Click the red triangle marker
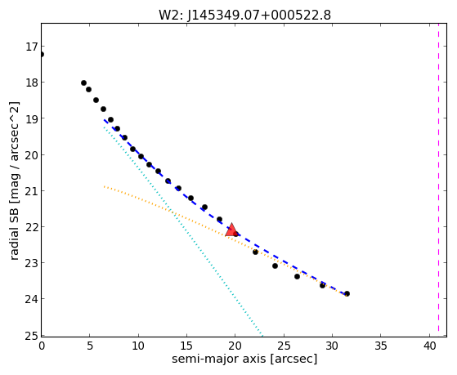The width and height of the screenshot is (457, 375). tap(231, 230)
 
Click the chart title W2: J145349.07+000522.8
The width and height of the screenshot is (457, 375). tap(244, 15)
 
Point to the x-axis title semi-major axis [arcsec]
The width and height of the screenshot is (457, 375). tap(244, 359)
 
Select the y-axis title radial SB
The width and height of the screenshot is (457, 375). tap(15, 235)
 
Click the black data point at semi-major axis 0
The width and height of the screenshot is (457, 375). tap(42, 54)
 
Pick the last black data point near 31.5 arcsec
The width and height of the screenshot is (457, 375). tap(347, 293)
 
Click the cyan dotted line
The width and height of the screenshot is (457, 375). tap(183, 231)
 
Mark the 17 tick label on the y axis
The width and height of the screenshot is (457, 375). tap(31, 47)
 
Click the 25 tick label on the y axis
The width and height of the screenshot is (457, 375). tap(31, 335)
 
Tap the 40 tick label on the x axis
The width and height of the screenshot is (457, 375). tap(429, 346)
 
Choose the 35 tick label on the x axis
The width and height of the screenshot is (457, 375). tap(381, 346)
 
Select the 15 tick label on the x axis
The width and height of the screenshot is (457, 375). tap(186, 346)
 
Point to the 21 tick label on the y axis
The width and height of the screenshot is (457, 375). tap(31, 191)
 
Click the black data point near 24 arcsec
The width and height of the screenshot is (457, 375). tap(275, 266)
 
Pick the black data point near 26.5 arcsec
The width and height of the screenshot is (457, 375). tap(297, 276)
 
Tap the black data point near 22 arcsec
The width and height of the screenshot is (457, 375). tap(255, 252)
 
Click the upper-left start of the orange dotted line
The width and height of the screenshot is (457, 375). tap(104, 186)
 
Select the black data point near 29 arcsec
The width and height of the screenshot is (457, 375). tap(322, 286)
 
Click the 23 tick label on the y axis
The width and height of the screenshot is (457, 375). tap(31, 263)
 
